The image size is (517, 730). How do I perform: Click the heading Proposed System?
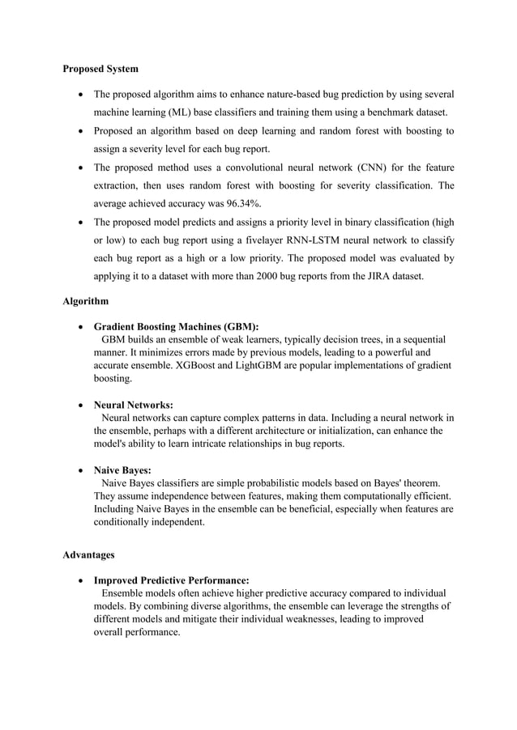click(100, 69)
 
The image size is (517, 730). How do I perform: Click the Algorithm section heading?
click(85, 301)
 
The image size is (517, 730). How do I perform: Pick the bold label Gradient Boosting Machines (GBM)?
click(177, 327)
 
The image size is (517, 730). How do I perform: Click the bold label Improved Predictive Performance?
click(171, 579)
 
